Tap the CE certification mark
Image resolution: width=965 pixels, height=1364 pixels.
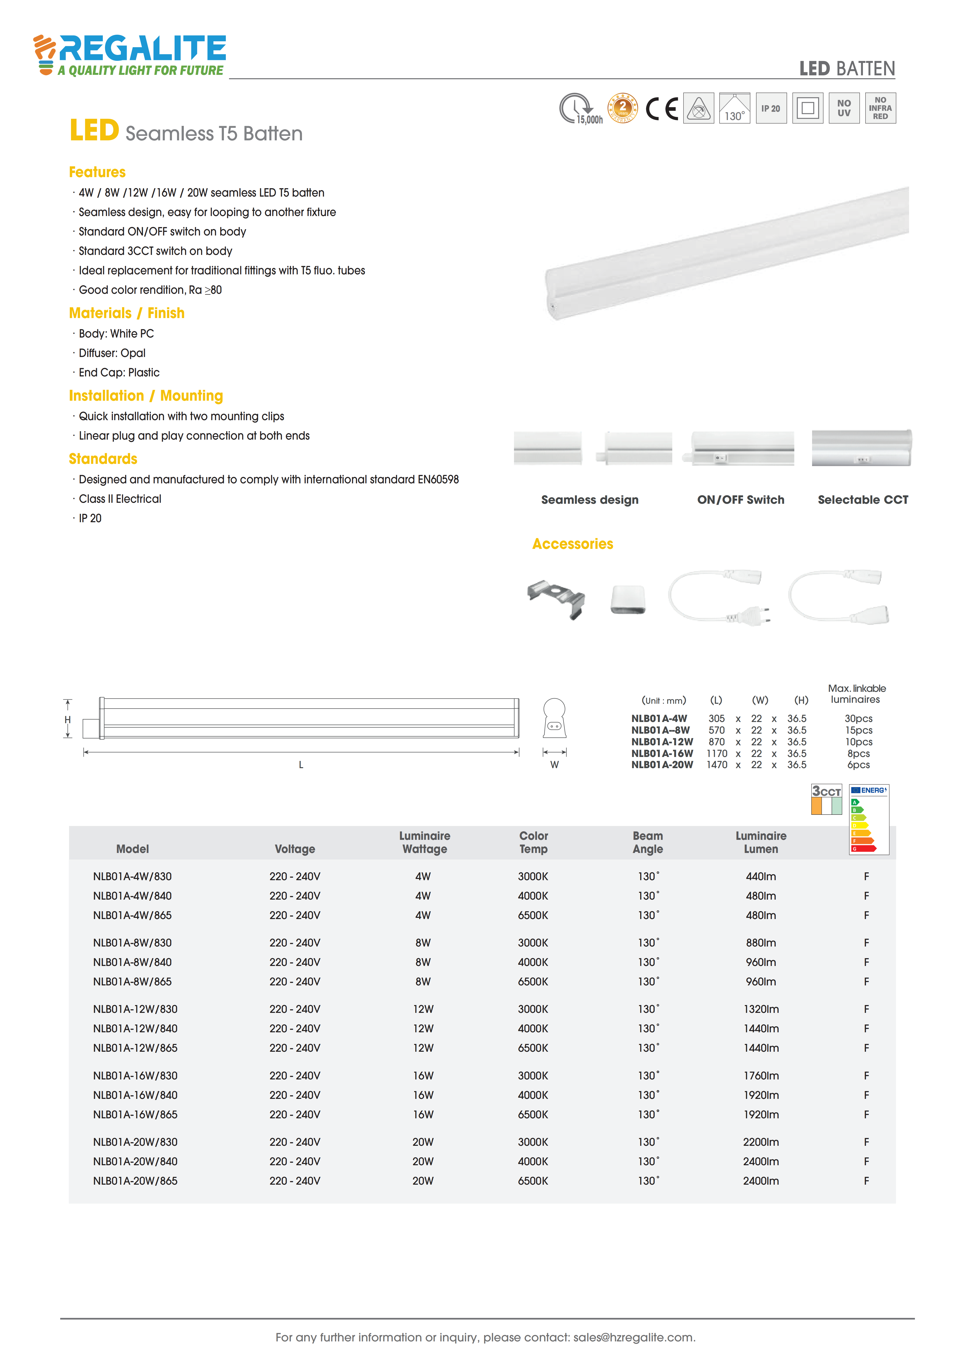(x=662, y=109)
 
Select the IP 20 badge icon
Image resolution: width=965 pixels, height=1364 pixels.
(x=771, y=108)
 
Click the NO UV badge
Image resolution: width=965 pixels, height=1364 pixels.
(x=844, y=108)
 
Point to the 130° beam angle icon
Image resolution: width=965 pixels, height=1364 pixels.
(x=735, y=108)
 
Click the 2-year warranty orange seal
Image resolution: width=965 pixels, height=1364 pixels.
(x=622, y=108)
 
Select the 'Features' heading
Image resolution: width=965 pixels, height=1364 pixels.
(x=97, y=172)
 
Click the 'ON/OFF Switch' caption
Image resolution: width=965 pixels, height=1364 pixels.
(x=740, y=500)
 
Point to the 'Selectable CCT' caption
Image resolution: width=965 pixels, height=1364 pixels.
(x=863, y=500)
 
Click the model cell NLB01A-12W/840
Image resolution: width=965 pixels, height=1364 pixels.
(x=135, y=1028)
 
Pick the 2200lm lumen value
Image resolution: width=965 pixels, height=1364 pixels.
(x=761, y=1142)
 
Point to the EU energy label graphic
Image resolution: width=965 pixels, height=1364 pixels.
(x=869, y=820)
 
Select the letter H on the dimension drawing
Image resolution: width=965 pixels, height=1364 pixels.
(x=68, y=720)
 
